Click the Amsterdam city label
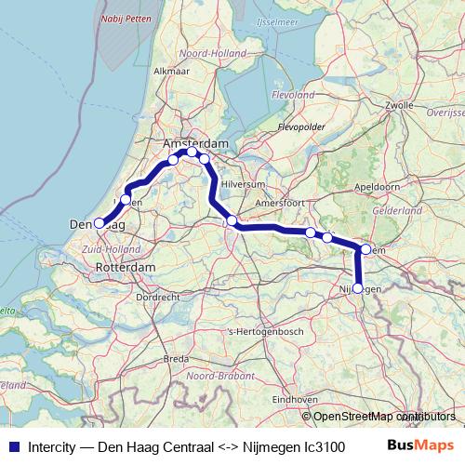(195, 144)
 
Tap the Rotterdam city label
(126, 267)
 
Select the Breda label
(176, 358)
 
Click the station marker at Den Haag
(100, 223)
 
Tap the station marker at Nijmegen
(358, 288)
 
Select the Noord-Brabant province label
(219, 376)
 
